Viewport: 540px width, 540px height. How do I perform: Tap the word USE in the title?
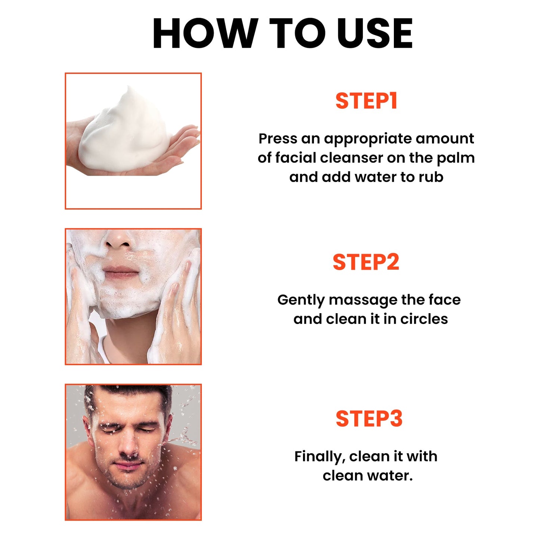(374, 34)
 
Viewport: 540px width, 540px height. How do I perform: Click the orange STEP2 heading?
(366, 262)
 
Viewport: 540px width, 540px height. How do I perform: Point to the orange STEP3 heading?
(369, 419)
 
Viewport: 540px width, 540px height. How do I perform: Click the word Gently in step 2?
(300, 300)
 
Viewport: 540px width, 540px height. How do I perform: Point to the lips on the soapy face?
(121, 272)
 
